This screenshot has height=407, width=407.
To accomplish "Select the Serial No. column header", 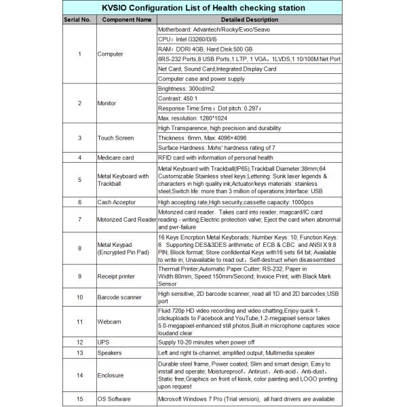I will coord(77,20).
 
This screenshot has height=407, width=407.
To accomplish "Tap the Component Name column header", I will coord(126,20).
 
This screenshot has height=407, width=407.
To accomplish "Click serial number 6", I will coord(80,201).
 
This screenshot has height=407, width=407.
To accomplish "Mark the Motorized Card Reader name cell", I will coord(126,220).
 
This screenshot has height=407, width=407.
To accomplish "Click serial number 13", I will coord(80,353).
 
